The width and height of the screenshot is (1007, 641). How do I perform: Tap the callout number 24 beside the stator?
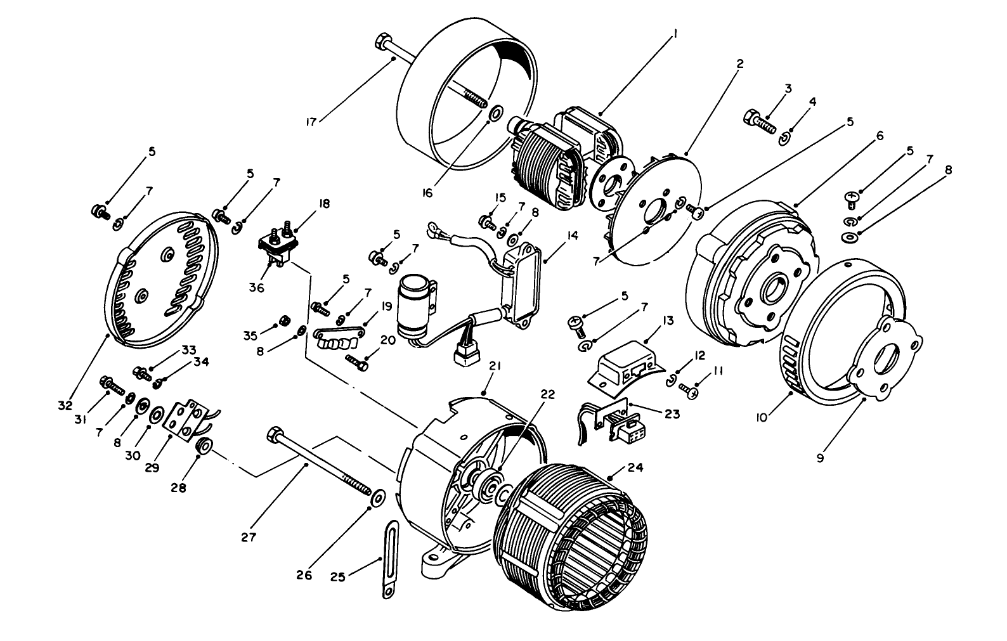635,467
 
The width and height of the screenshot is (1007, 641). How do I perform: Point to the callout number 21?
495,366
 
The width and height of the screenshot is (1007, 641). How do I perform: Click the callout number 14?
572,235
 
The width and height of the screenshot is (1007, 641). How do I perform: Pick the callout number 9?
821,457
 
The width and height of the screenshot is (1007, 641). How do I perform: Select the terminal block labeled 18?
279,240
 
